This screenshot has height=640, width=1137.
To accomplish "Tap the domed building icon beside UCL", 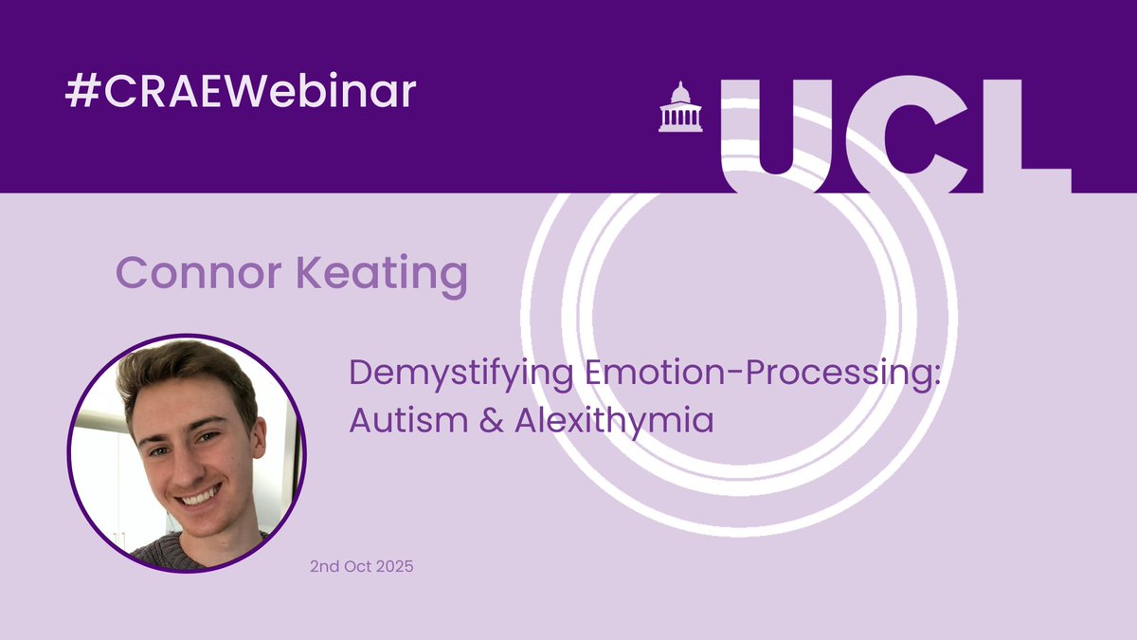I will click(680, 106).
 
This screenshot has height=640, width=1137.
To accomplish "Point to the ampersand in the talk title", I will click(486, 420).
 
